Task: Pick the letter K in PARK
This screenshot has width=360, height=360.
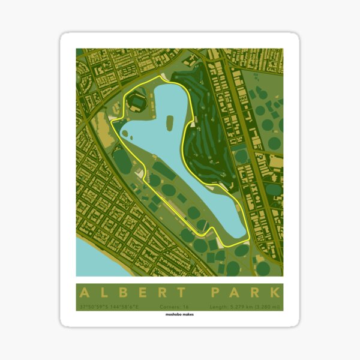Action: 274,293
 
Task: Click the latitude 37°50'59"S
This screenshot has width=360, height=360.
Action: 92,307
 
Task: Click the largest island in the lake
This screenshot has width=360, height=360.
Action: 169,124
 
